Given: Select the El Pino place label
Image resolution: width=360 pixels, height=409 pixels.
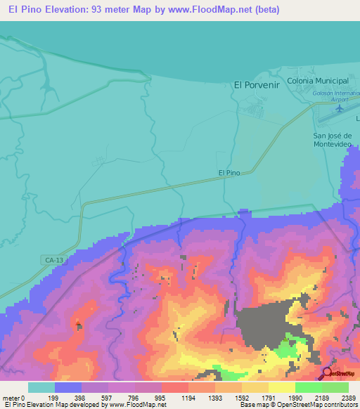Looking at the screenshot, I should (229, 172).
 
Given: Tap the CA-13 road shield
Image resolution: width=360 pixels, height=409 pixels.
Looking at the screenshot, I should (45, 260).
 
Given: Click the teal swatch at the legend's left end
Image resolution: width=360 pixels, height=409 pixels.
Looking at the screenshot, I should (41, 387).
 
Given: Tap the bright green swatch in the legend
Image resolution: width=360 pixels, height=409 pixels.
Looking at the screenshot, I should (308, 387).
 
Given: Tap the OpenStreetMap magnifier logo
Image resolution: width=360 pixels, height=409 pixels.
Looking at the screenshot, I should (328, 373).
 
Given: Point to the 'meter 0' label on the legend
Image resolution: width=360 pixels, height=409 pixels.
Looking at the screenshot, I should (14, 398).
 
